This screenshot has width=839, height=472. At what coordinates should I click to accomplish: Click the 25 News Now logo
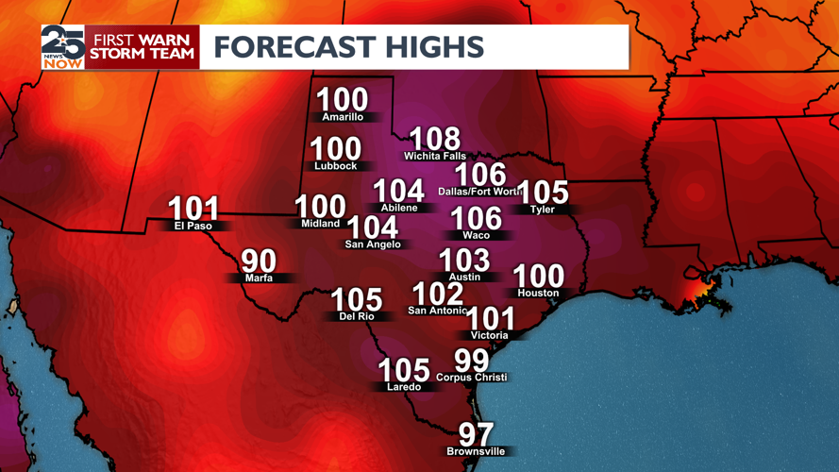62,46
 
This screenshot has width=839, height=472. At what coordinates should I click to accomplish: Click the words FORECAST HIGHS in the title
348,46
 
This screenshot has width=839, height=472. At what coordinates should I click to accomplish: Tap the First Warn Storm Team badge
142,46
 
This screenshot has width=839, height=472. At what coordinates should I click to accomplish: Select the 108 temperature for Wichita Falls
434,140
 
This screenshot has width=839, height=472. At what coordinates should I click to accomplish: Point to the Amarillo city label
343,117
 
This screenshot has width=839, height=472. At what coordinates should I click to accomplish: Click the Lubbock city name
336,166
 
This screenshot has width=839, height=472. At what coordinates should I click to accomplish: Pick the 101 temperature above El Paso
193,209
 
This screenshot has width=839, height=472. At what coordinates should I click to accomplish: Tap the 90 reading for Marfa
259,261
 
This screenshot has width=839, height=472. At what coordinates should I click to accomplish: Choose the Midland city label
321,224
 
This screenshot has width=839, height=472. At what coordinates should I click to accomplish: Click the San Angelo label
373,244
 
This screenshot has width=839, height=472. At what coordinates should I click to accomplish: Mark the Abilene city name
399,208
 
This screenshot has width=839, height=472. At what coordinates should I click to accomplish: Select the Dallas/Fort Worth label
479,192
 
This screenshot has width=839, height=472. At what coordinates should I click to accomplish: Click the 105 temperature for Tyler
545,193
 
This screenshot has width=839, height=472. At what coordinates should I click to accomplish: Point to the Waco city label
477,235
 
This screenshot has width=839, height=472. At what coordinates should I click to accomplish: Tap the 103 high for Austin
464,260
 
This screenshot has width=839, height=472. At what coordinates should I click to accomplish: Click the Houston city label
539,293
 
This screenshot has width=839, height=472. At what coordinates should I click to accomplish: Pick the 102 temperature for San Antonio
438,294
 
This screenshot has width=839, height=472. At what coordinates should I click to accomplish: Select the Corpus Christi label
472,378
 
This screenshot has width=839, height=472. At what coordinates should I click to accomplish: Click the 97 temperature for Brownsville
476,434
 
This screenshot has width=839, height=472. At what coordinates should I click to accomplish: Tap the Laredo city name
404,387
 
